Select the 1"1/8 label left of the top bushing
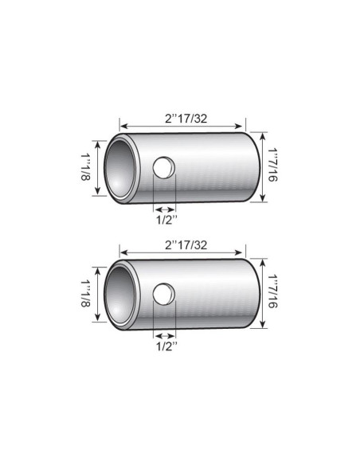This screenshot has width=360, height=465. (86, 168)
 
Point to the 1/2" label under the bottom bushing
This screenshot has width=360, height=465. (163, 346)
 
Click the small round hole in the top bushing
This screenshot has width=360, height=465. (163, 168)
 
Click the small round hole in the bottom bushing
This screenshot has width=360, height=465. (163, 295)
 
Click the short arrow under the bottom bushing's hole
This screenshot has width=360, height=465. (162, 335)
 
